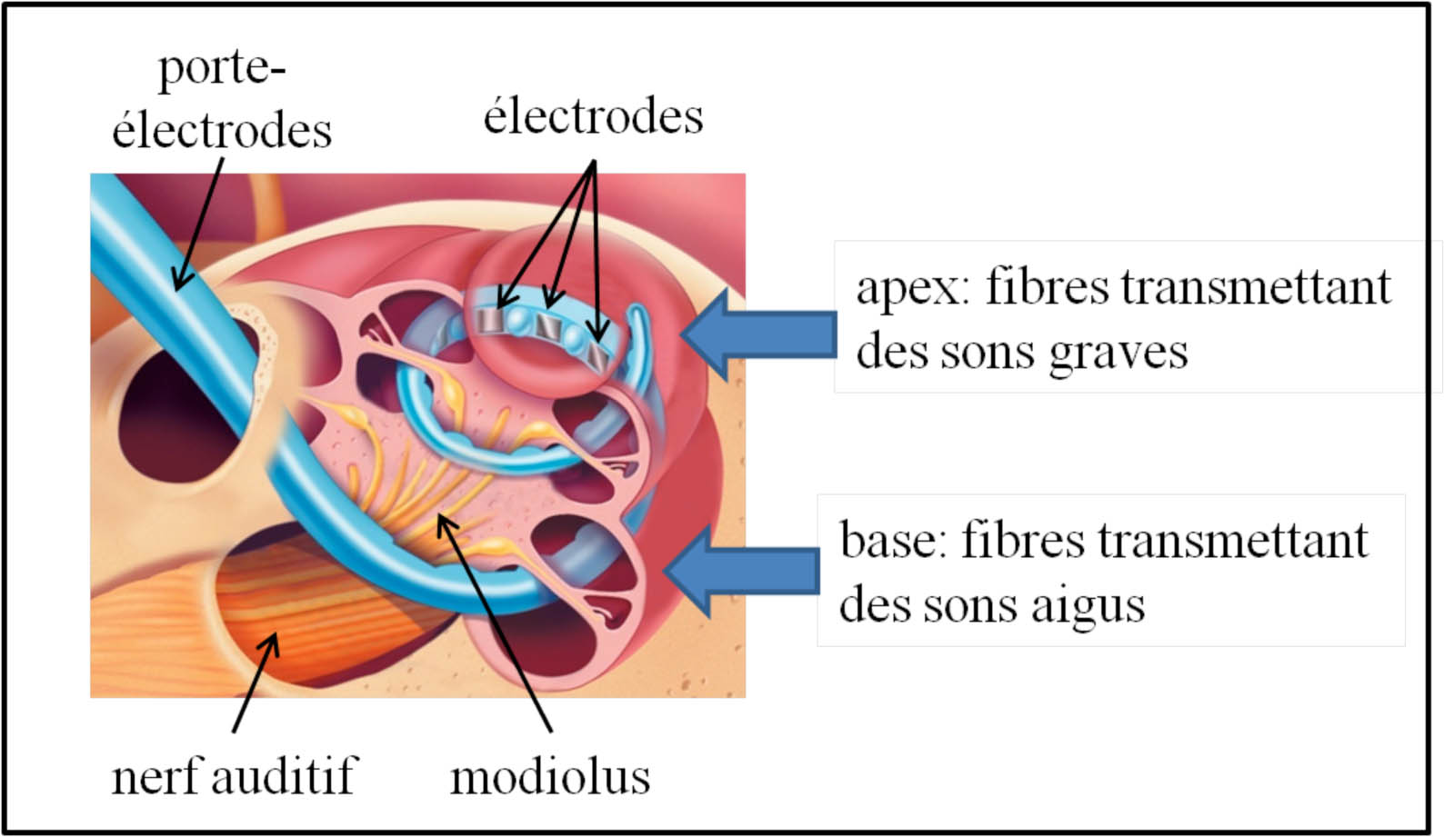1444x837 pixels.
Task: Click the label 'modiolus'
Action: click(550, 777)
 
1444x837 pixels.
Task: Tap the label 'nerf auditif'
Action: click(234, 777)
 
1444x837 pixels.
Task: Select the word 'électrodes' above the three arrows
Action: click(593, 116)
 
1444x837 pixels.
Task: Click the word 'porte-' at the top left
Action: click(221, 69)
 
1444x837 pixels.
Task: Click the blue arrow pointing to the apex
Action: click(759, 334)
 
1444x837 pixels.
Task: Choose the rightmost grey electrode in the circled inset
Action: click(597, 354)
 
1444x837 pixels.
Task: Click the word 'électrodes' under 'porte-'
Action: click(221, 131)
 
